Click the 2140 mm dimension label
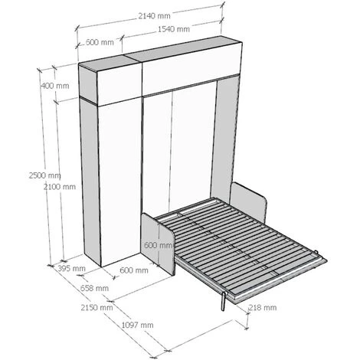154,16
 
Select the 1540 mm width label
174,29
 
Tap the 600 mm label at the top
100,42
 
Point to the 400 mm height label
55,86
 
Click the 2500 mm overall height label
44,175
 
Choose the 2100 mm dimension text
60,187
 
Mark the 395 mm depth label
71,269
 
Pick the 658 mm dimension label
94,288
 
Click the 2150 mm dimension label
97,308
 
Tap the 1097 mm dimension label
137,325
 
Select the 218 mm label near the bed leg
263,308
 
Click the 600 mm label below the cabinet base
134,270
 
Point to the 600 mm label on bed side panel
159,245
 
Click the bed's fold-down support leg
224,301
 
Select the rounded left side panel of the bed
159,244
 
